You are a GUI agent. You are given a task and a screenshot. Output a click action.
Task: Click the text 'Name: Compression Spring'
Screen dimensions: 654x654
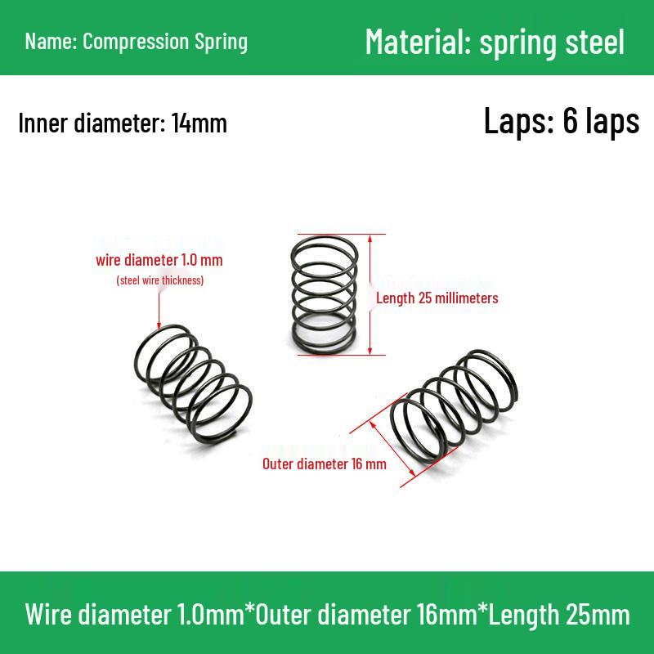pyautogui.click(x=136, y=41)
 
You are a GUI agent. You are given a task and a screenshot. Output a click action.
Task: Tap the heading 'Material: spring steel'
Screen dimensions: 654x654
pyautogui.click(x=495, y=41)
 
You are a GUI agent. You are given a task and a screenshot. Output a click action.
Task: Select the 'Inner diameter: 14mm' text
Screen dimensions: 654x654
pyautogui.click(x=123, y=123)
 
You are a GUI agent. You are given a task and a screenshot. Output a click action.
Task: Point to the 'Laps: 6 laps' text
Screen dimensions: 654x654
pyautogui.click(x=562, y=121)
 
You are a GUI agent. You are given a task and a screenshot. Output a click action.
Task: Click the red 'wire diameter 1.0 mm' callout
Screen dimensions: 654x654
pyautogui.click(x=159, y=261)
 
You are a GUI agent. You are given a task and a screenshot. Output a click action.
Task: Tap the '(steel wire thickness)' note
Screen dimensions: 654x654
pyautogui.click(x=159, y=280)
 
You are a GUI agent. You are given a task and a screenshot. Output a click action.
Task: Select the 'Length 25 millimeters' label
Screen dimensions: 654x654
pyautogui.click(x=437, y=298)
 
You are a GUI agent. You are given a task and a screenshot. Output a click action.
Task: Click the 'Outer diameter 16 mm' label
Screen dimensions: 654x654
pyautogui.click(x=324, y=464)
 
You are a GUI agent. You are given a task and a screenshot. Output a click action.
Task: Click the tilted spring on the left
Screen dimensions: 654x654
pyautogui.click(x=193, y=380)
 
